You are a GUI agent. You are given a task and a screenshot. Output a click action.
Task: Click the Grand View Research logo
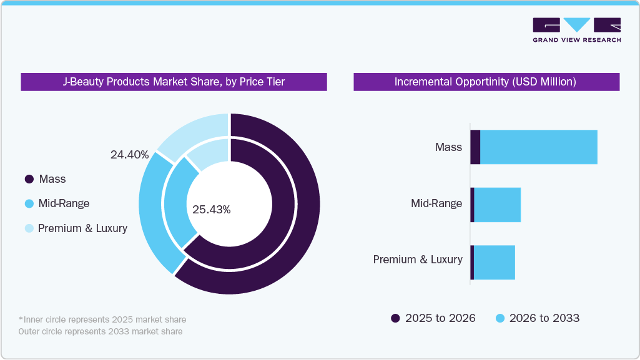(x=576, y=30)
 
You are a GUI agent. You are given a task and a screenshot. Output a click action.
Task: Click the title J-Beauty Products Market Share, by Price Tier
(x=174, y=82)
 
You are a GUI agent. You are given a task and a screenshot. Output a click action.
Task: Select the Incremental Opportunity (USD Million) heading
(x=486, y=82)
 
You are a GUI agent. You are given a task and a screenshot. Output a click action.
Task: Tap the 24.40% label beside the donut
(x=129, y=155)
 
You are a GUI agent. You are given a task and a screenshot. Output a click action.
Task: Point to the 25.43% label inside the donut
(x=211, y=210)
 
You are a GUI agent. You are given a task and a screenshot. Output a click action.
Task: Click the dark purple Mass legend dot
(x=29, y=180)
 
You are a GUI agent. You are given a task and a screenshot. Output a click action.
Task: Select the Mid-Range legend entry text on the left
(x=64, y=203)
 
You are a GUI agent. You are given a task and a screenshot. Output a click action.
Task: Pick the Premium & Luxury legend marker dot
(x=29, y=228)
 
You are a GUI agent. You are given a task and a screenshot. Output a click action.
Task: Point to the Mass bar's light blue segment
(x=538, y=147)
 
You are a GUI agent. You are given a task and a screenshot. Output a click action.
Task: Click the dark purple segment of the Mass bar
(x=475, y=147)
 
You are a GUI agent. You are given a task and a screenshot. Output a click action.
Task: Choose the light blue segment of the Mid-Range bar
(x=497, y=205)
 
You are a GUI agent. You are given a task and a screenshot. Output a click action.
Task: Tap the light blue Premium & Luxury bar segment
(x=494, y=262)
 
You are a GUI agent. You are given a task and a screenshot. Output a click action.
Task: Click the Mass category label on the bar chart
(x=448, y=147)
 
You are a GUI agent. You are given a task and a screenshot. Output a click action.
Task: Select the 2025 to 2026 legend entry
(x=433, y=318)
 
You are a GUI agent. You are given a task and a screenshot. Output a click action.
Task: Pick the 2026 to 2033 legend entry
(x=537, y=318)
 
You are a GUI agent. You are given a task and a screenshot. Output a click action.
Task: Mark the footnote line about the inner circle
(x=102, y=319)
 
